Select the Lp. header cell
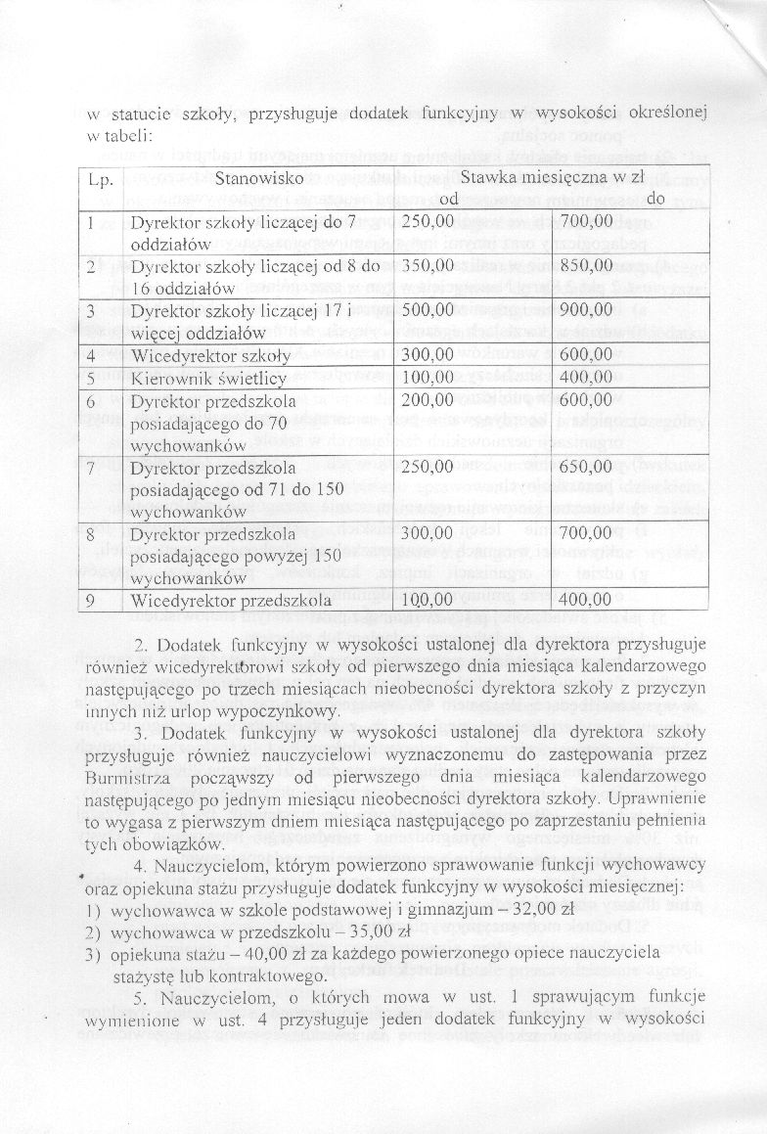(102, 181)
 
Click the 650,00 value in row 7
(586, 468)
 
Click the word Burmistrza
(122, 777)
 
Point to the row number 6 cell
(91, 400)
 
